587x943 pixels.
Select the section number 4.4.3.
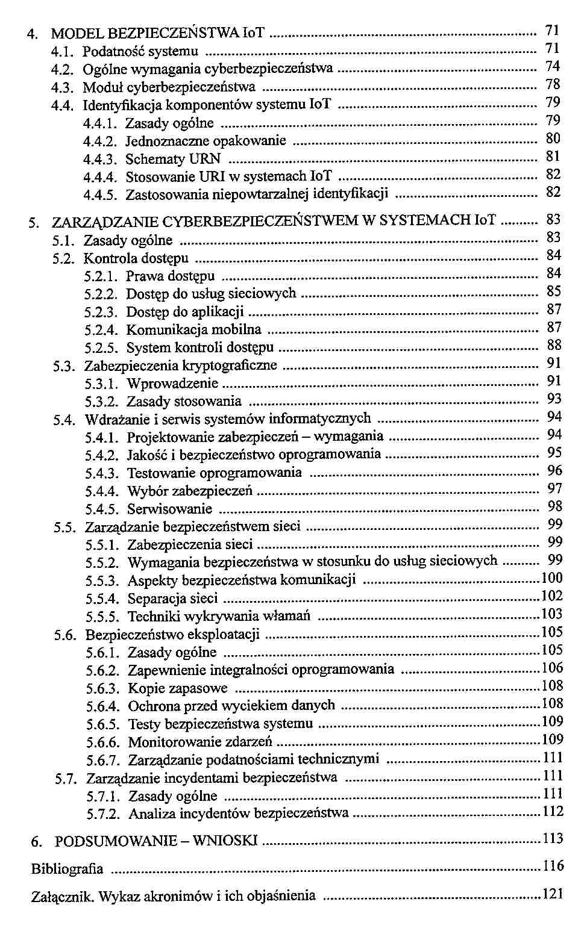tap(100, 160)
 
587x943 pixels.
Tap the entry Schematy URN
tap(173, 160)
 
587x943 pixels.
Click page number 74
tap(553, 66)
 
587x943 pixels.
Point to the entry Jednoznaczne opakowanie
tap(206, 142)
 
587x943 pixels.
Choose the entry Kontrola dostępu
tap(136, 259)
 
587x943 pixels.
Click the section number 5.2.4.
tap(101, 330)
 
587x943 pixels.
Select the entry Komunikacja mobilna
tap(193, 330)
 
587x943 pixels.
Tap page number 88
tap(554, 345)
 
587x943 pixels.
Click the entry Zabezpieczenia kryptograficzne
tap(180, 366)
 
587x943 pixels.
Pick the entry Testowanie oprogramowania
tap(214, 473)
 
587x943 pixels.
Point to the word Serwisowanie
tap(170, 509)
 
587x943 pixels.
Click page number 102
tap(551, 596)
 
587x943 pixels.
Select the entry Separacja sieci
tap(172, 599)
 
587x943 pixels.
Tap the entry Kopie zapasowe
tap(178, 688)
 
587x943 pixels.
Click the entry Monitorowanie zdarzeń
tap(200, 742)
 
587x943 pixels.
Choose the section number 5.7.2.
tap(103, 814)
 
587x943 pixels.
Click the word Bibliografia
tap(67, 869)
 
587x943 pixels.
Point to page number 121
tap(553, 894)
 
